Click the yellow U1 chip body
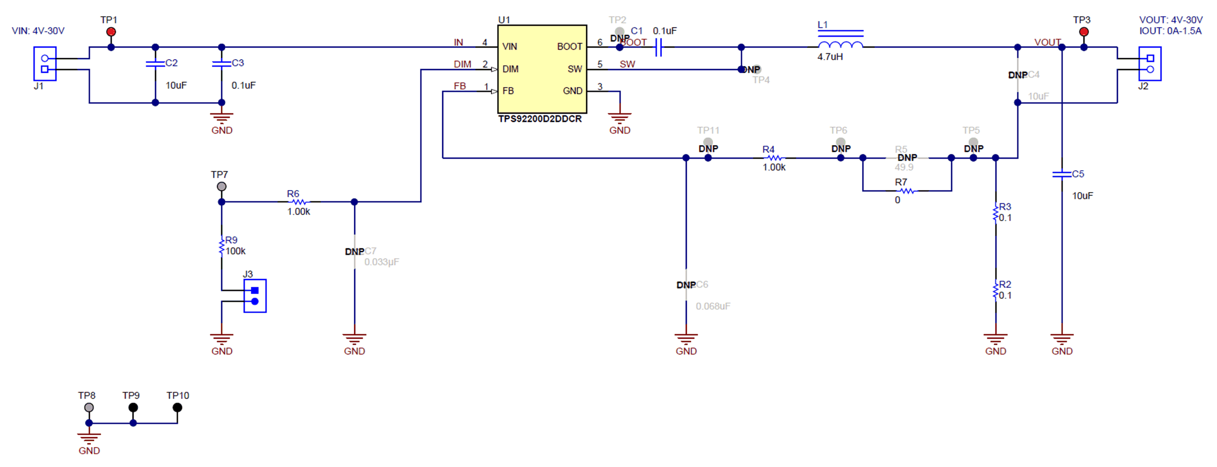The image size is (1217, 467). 542,69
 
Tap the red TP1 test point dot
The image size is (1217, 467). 111,32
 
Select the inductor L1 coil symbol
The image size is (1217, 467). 840,45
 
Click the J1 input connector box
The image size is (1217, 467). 45,64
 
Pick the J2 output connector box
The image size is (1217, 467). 1149,64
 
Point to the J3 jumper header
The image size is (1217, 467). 255,296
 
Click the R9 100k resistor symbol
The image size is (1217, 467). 222,246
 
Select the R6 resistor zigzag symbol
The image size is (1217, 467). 299,202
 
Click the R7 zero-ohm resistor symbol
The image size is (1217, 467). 907,191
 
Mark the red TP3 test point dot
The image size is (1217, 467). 1084,32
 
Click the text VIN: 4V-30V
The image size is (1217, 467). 38,31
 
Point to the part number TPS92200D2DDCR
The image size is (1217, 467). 540,119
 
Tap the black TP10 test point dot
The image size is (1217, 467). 178,407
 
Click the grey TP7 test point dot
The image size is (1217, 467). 222,186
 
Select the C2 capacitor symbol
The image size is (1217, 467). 155,64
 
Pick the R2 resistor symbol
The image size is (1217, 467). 995,290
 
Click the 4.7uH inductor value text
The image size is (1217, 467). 830,57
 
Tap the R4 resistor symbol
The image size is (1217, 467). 774,158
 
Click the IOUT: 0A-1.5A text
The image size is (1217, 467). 1170,31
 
